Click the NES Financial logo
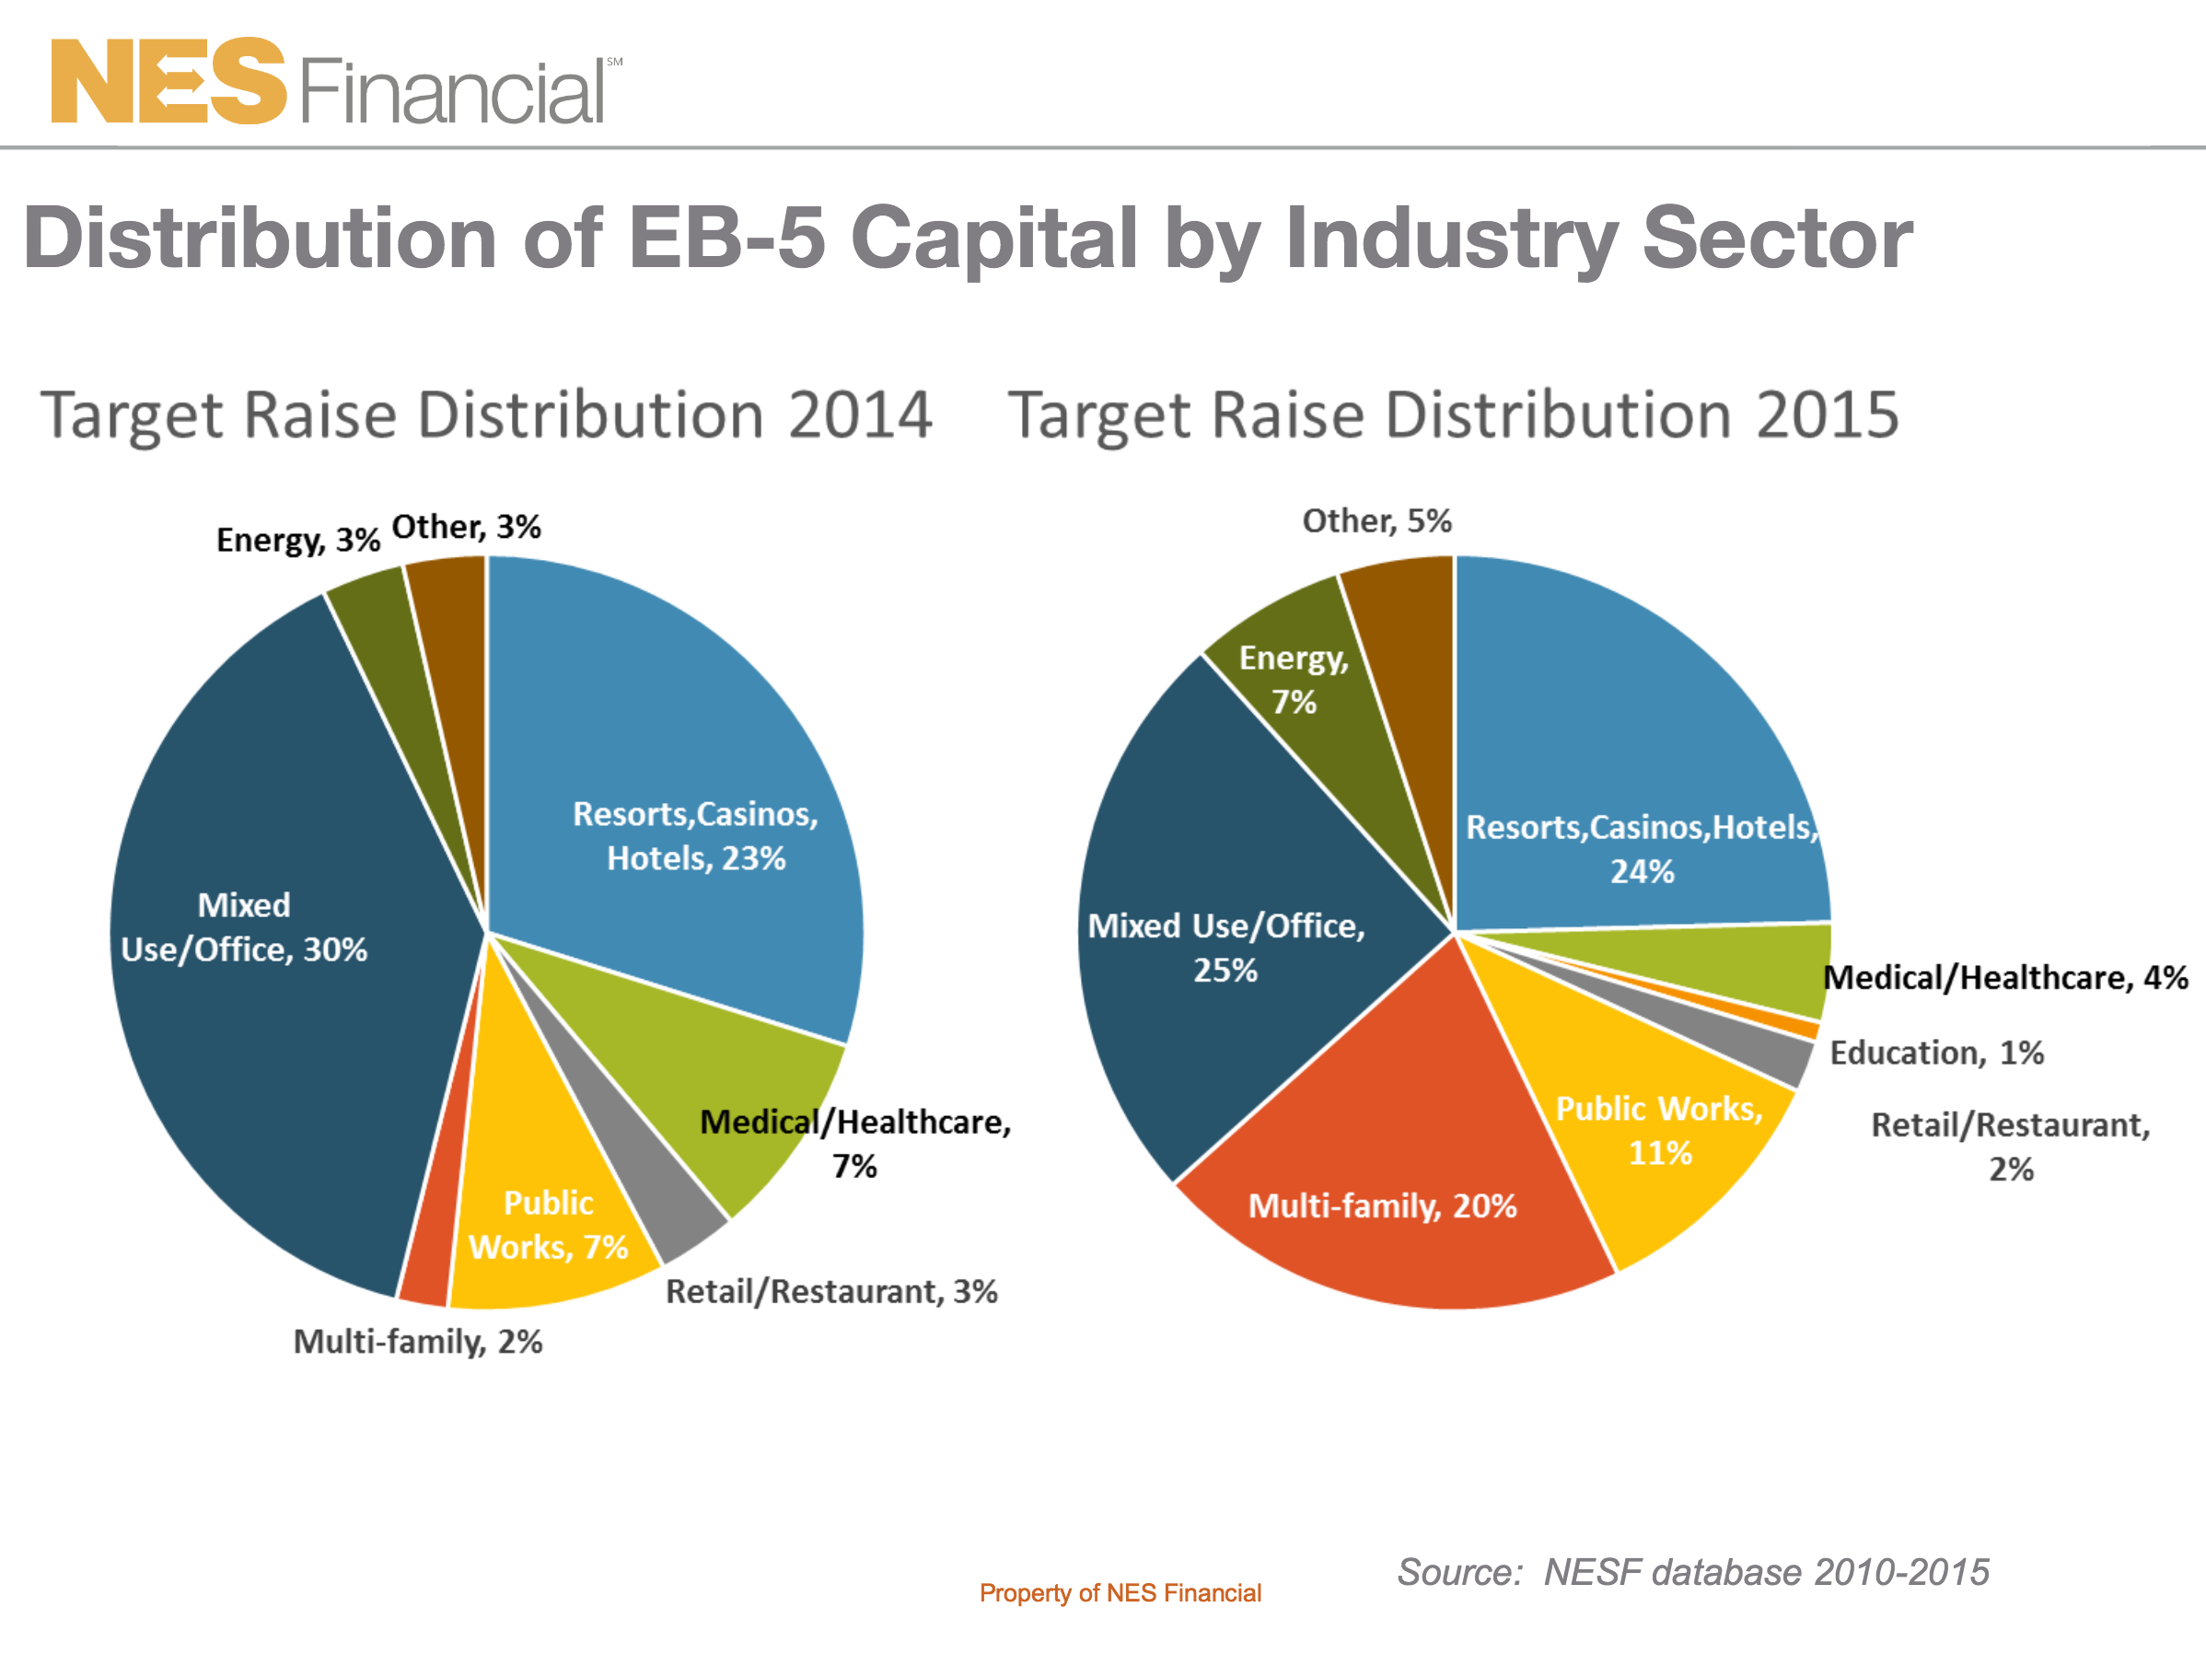[334, 83]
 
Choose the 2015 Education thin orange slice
[1795, 1027]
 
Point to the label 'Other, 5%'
[1376, 520]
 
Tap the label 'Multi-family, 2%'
[417, 1342]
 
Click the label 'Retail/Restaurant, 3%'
[830, 1292]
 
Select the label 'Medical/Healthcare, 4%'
[2004, 978]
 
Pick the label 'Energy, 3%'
[297, 540]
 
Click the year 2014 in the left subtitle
[860, 415]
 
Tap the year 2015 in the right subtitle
[1827, 415]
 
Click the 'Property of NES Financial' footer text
[1120, 1593]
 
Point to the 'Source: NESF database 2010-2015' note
[1692, 1572]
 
